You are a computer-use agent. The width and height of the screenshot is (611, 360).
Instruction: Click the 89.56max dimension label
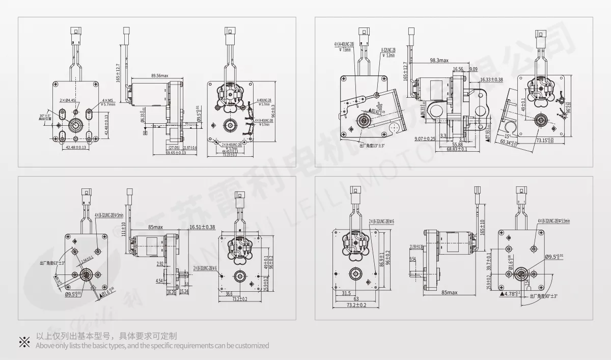tap(159, 75)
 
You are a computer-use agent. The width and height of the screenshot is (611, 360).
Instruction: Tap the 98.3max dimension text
tap(439, 61)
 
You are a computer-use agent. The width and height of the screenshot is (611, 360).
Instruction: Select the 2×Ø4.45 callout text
tap(68, 100)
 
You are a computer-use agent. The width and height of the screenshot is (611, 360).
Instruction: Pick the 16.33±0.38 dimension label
tap(491, 80)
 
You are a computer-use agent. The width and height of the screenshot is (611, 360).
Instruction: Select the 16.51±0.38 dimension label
tap(202, 227)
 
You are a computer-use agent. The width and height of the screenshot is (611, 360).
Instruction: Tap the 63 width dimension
tap(356, 299)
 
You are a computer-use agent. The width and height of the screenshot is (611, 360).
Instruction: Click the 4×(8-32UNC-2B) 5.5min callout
tap(553, 221)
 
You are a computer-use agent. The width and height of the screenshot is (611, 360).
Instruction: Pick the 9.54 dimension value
tap(413, 259)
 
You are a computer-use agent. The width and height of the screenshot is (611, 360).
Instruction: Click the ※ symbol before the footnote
tap(24, 341)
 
